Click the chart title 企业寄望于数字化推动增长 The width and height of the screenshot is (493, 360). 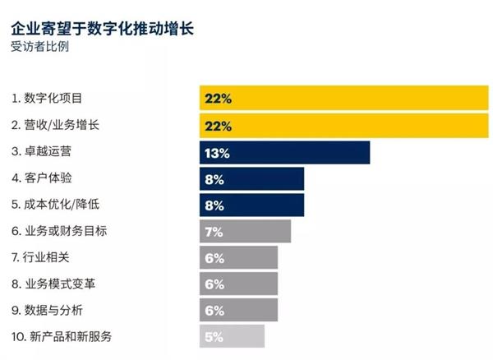click(x=103, y=29)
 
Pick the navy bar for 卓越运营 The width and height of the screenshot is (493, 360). click(x=284, y=152)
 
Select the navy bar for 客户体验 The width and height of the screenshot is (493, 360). click(x=251, y=178)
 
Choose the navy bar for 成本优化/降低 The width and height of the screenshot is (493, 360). click(x=251, y=205)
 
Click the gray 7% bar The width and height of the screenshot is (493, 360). click(x=245, y=231)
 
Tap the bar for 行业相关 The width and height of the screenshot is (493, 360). click(x=238, y=257)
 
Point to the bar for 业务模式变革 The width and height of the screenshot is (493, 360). click(x=238, y=284)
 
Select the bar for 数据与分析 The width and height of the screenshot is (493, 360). click(x=238, y=310)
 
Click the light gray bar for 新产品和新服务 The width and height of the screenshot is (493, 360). click(x=232, y=336)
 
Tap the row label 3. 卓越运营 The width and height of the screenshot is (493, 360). click(x=41, y=151)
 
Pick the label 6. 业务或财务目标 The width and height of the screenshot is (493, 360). click(x=59, y=231)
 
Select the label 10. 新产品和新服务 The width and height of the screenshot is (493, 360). click(x=62, y=336)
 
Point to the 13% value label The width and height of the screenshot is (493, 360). click(x=218, y=153)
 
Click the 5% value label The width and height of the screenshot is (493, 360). click(x=214, y=337)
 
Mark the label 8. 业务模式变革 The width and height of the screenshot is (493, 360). click(x=53, y=284)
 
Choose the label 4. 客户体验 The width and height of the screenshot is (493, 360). click(x=41, y=178)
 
